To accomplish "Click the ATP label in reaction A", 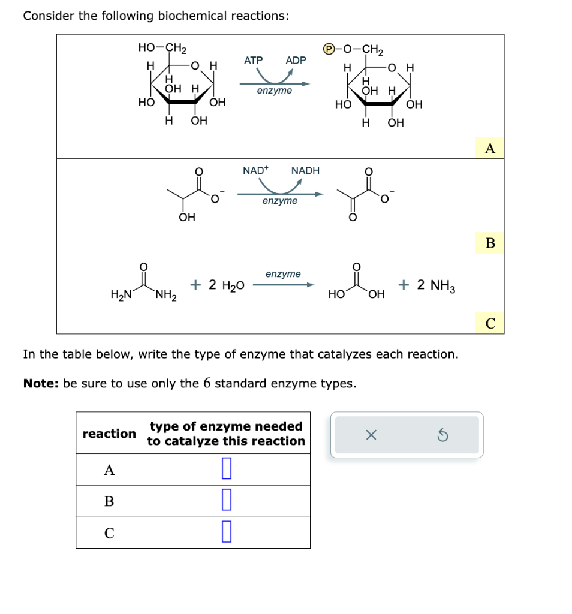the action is point(253,60).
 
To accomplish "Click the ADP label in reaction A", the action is point(296,60).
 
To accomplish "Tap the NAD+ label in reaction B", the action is point(255,171).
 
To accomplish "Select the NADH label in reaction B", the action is point(305,171).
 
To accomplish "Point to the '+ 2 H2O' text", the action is point(217,285).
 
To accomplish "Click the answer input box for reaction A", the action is point(226,469).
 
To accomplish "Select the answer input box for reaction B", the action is point(226,501).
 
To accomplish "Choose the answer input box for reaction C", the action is point(226,532).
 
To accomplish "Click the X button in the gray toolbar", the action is point(371,435).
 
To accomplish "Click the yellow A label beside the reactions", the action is point(490,148).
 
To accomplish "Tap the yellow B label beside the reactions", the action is point(490,243).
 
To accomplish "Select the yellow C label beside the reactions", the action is point(490,324).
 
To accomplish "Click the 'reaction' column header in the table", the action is point(109,433).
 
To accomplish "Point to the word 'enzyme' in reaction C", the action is point(283,274).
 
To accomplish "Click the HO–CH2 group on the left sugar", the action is point(162,47).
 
